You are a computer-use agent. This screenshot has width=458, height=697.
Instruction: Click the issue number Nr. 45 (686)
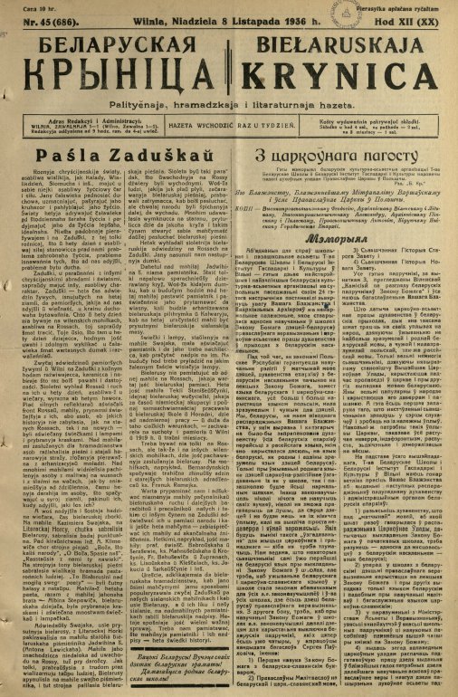pos(43,24)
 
